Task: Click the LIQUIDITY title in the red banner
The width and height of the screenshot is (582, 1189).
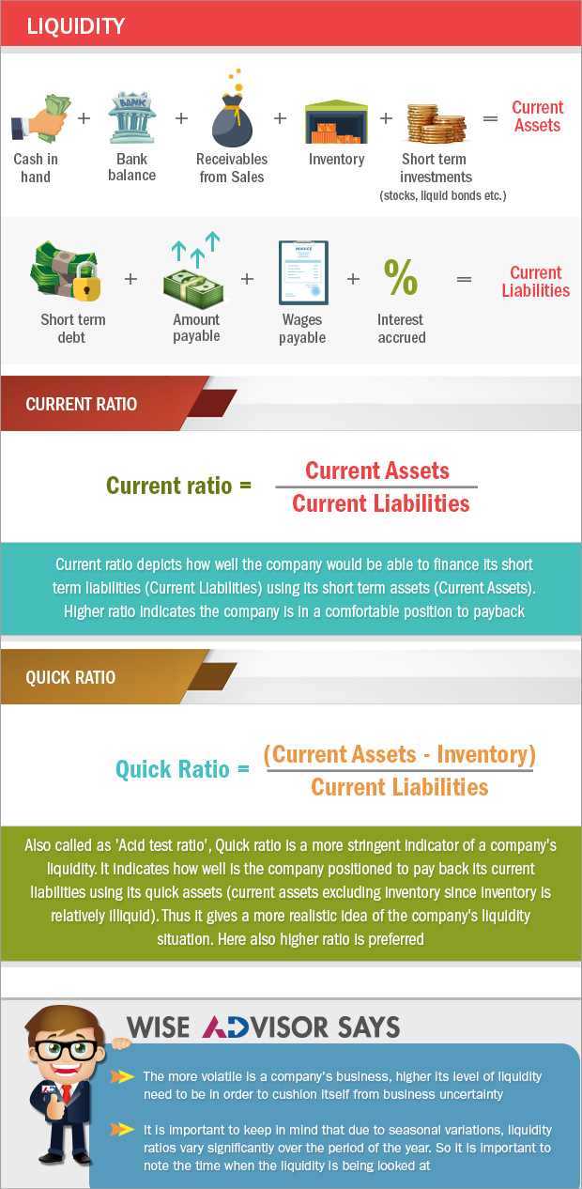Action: point(76,26)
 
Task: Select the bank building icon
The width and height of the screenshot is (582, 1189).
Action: point(131,118)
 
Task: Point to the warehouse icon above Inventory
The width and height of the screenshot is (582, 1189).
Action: point(336,121)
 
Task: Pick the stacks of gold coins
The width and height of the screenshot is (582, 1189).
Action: point(436,124)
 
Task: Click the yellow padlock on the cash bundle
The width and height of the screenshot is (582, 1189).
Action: point(86,282)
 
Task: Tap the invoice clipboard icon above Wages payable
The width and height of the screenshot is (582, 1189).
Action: point(303,273)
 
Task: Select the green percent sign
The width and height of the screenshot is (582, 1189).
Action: point(401,276)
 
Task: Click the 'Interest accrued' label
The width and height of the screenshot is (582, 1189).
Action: point(401,329)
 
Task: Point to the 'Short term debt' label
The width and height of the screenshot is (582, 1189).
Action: point(72,329)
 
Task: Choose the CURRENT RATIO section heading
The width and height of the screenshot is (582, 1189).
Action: point(81,404)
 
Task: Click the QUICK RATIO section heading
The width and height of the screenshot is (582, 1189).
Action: point(70,677)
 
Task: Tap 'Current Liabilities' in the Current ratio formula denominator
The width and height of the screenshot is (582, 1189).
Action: point(381,503)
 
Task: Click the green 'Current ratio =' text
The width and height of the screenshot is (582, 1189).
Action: point(178,486)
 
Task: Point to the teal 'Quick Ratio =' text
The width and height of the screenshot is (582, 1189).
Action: point(182,769)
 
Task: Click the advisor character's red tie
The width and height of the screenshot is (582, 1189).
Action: point(67,1093)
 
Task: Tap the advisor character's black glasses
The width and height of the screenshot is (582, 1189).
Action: point(66,1050)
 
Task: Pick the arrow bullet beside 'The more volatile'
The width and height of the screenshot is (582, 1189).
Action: point(122,1076)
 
